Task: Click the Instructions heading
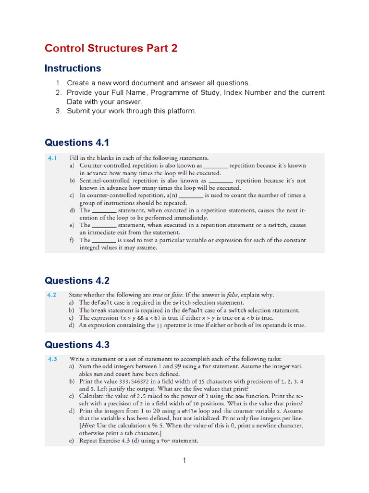[x=73, y=68]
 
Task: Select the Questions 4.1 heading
[x=77, y=143]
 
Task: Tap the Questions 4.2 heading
[x=77, y=281]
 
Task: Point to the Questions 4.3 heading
[x=77, y=345]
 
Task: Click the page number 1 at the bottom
[x=184, y=460]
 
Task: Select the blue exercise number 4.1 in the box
[x=52, y=158]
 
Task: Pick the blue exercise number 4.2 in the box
[x=52, y=295]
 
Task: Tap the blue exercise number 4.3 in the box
[x=52, y=359]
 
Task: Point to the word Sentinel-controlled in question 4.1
[x=105, y=181]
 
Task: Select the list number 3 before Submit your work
[x=59, y=111]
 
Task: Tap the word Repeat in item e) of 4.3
[x=90, y=441]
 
